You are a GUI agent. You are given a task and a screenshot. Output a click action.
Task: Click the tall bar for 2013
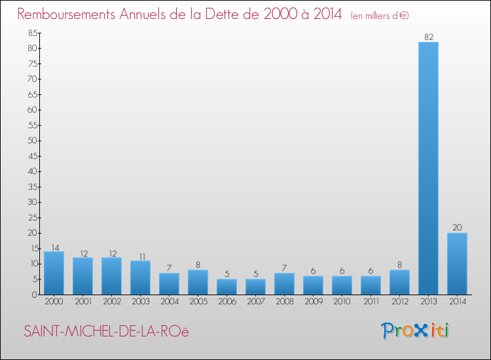coord(428,168)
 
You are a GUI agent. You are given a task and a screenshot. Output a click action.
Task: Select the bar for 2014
coord(457,263)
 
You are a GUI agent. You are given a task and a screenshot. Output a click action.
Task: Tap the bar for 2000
coord(54,273)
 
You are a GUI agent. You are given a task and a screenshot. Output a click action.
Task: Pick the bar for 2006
coord(227,287)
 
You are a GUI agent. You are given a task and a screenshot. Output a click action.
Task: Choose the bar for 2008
coord(284,283)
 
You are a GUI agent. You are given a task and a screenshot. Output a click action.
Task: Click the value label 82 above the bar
coord(429,37)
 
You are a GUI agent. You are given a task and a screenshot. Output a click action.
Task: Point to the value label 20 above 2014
coord(457,228)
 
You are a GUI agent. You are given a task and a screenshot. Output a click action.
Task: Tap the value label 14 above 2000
coord(54,247)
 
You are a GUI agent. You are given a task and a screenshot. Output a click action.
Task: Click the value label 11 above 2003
coord(140,257)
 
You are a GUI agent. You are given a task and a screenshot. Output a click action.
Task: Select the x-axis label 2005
coord(198,302)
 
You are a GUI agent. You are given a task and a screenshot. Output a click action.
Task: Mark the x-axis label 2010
coord(342,302)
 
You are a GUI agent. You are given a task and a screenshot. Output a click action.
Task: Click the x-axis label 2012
coord(399,302)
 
